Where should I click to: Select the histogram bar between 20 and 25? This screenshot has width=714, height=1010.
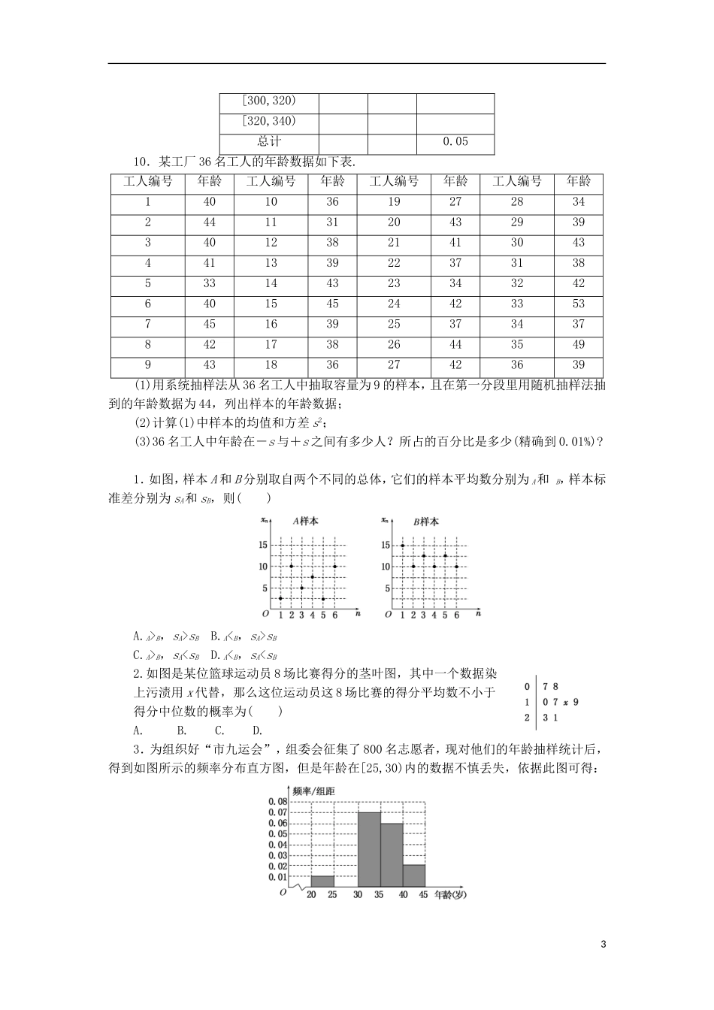coord(322,881)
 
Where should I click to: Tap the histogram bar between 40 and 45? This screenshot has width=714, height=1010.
coord(414,875)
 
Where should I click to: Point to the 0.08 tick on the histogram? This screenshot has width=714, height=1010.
coord(277,802)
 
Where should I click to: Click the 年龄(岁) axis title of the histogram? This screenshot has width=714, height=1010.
coord(451,895)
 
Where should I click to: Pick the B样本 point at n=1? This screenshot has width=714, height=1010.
coord(403,546)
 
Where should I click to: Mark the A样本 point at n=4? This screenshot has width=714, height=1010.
coord(313,577)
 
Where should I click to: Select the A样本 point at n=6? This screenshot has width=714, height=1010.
coord(334,566)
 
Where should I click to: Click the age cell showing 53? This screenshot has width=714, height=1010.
coord(579,304)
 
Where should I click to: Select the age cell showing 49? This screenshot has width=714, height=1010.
coord(579,345)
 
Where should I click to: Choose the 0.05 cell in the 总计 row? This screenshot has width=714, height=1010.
coord(455,142)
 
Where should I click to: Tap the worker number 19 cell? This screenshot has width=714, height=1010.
coord(394,201)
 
